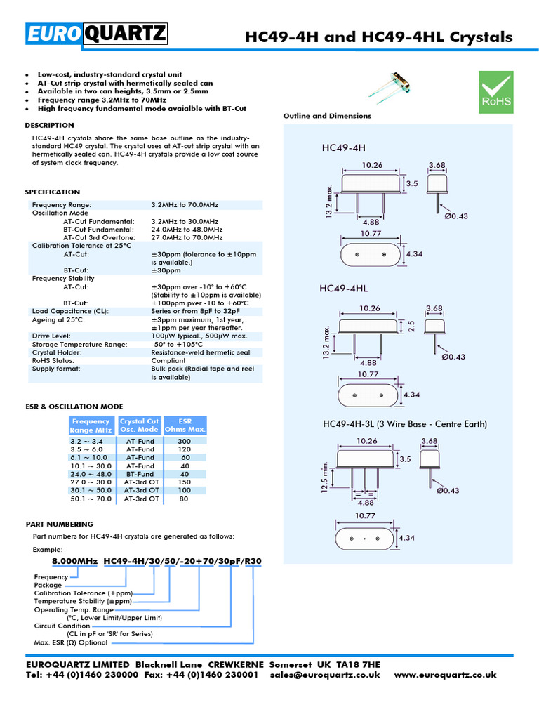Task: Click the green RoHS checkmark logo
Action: click(x=495, y=91)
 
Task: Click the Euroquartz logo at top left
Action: click(x=97, y=34)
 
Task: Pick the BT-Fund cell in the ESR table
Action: click(x=141, y=474)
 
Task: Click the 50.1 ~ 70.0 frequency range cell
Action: click(x=91, y=499)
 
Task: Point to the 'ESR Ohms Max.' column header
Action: click(x=185, y=426)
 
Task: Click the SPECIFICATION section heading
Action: click(x=53, y=192)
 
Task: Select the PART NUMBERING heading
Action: click(x=59, y=524)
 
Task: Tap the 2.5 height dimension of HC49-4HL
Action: click(x=412, y=326)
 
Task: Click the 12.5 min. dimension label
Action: click(x=324, y=477)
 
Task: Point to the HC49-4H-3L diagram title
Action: click(x=404, y=424)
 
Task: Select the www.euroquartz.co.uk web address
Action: click(x=445, y=674)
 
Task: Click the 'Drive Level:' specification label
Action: click(x=51, y=336)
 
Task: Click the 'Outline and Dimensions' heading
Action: click(x=327, y=116)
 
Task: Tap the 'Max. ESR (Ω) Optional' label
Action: click(x=71, y=642)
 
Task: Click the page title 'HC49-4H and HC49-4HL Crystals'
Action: click(x=378, y=37)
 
